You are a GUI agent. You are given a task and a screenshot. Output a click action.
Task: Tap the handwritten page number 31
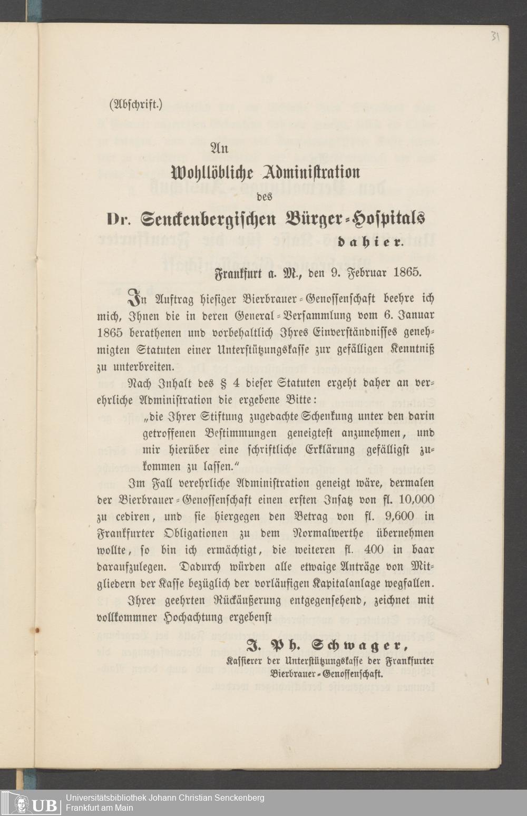tap(495, 37)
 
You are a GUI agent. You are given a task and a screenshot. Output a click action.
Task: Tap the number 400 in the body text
tap(374, 550)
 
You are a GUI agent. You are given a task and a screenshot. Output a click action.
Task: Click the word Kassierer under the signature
tap(245, 660)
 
